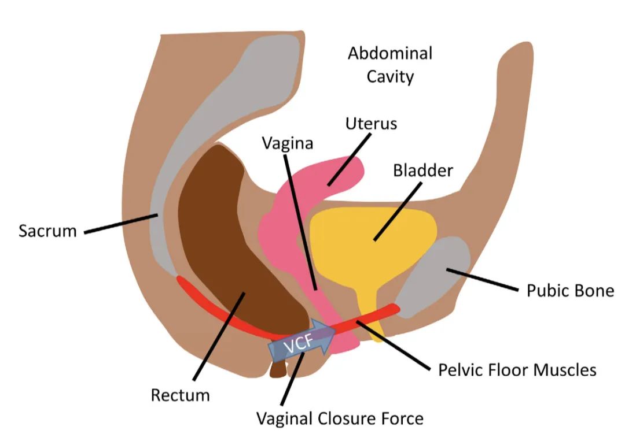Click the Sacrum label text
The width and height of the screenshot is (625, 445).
point(47,231)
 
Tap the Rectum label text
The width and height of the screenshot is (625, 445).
point(180,396)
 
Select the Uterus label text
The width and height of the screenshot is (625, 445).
point(371,124)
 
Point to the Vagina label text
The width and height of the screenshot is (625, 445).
point(287,143)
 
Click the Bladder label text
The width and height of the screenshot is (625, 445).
point(422,171)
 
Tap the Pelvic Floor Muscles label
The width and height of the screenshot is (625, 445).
point(517,369)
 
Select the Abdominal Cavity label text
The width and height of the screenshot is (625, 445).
point(390,65)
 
